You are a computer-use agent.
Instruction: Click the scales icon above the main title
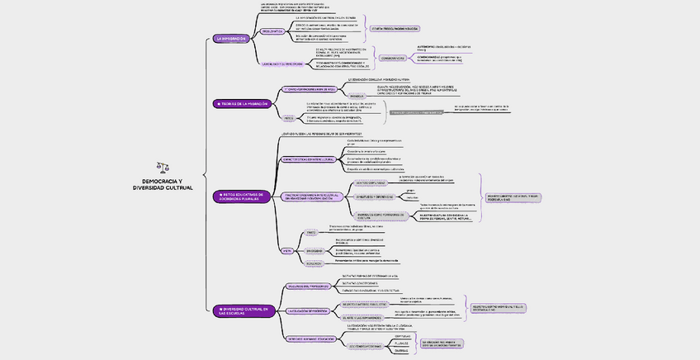point(162,167)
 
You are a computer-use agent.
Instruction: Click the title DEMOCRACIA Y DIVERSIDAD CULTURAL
point(163,184)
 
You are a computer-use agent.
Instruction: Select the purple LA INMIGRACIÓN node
point(230,39)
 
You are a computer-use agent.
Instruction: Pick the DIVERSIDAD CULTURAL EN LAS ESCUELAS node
point(244,310)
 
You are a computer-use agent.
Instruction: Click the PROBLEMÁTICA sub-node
point(273,31)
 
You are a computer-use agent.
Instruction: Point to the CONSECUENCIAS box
point(394,58)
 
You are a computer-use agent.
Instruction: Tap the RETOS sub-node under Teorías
point(287,117)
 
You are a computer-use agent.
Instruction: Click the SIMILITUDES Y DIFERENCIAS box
point(374,197)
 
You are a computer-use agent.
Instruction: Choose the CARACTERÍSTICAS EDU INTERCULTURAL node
point(310,159)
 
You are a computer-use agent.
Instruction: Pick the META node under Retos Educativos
point(287,249)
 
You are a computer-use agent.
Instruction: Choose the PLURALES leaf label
point(401,343)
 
